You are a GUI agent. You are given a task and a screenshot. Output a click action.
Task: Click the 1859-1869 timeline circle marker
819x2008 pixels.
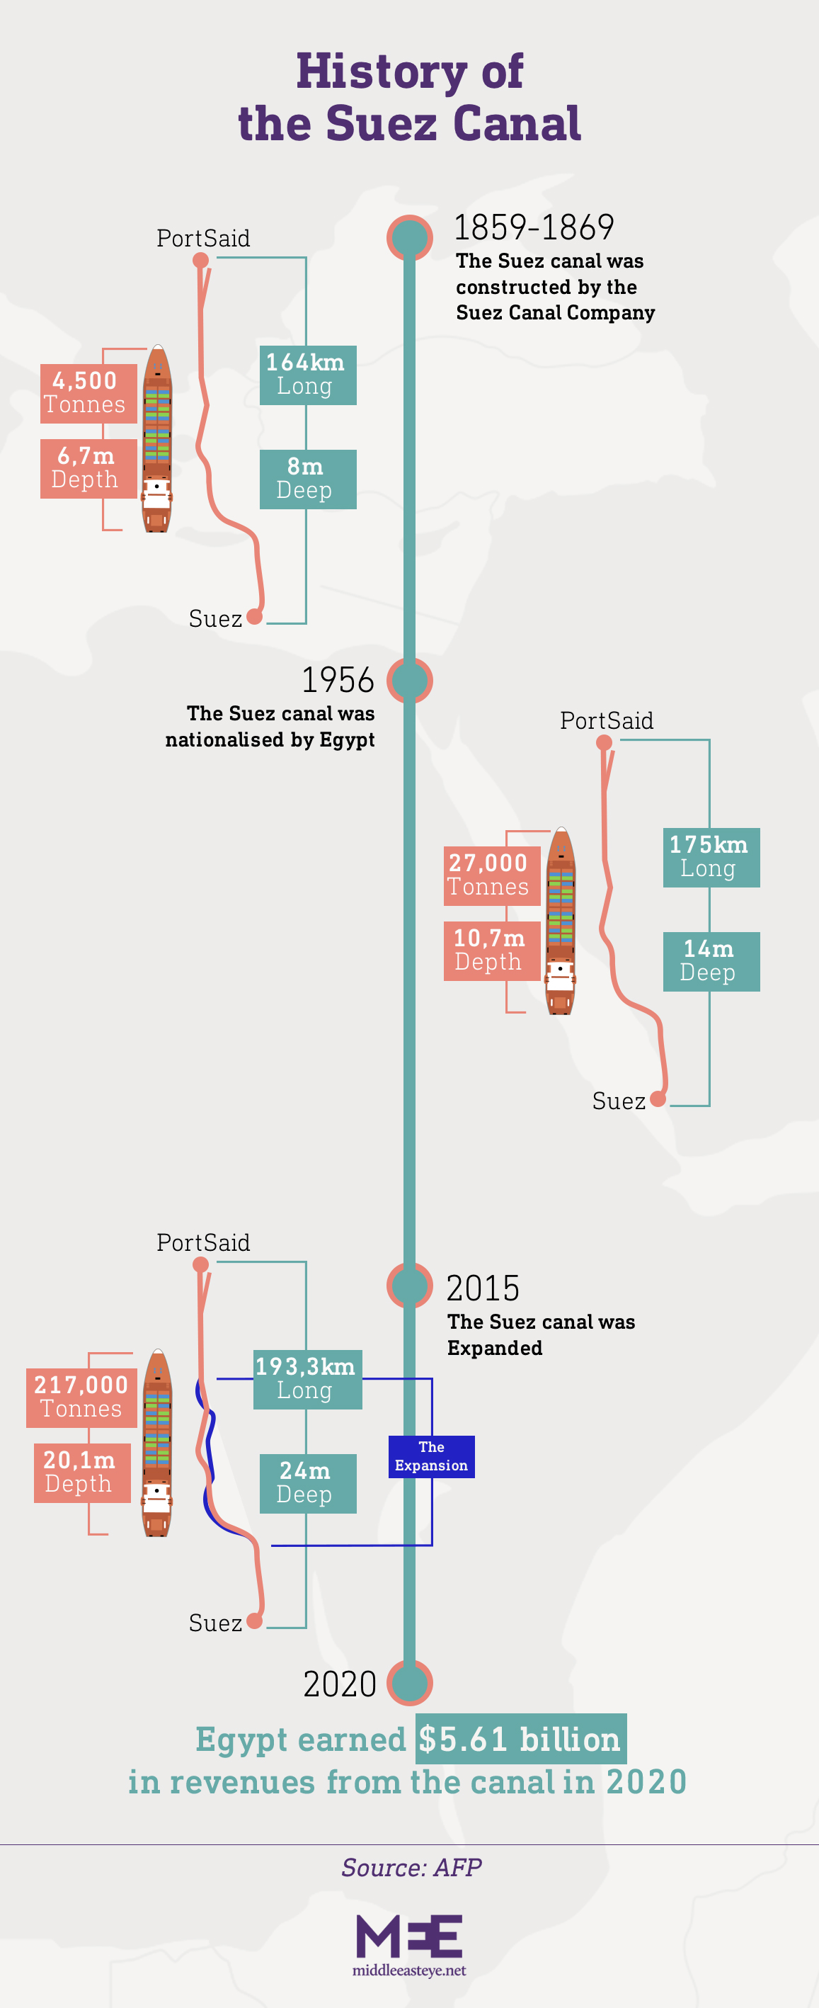tap(409, 238)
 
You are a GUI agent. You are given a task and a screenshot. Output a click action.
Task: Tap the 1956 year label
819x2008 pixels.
tap(338, 681)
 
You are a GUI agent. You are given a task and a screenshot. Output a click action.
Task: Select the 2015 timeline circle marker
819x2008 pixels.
tap(409, 1286)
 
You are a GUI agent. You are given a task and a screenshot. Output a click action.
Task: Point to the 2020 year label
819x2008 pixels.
tap(340, 1684)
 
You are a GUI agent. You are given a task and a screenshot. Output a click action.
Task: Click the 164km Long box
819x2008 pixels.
tap(308, 375)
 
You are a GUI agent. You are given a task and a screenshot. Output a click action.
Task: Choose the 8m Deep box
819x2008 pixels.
tap(308, 480)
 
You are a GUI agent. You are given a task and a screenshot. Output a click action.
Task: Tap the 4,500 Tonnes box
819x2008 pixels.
tap(88, 394)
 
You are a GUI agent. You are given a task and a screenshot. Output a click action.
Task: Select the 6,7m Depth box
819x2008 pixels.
tap(88, 468)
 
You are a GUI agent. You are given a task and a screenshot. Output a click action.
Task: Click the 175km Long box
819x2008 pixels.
tap(711, 858)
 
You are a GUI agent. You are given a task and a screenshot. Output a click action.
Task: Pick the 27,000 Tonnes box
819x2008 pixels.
tap(492, 876)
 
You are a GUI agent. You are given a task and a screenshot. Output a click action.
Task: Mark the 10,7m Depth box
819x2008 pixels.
tap(492, 951)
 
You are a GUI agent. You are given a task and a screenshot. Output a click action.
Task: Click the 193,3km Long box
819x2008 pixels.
tap(308, 1379)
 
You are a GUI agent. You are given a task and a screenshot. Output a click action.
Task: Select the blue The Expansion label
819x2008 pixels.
tap(432, 1456)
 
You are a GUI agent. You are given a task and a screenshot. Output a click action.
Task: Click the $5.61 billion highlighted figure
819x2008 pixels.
tap(520, 1739)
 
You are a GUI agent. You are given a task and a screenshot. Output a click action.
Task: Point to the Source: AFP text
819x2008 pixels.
tap(411, 1867)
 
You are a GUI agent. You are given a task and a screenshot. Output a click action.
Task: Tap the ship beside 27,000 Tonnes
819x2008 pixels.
tap(561, 921)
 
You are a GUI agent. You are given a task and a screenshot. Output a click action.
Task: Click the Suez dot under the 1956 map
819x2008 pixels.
tap(658, 1099)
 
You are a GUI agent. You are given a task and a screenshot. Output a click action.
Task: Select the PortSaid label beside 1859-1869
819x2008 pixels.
tap(203, 239)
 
